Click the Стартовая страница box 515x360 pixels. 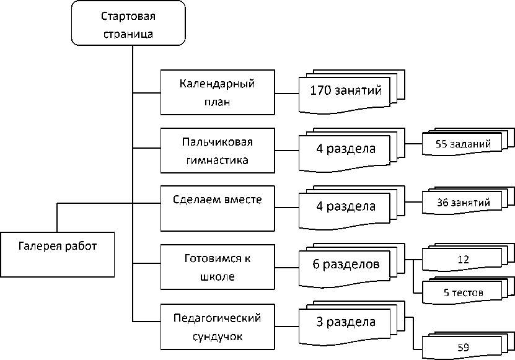coord(128,23)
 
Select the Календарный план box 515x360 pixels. coord(218,92)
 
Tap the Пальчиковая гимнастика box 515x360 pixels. coord(218,151)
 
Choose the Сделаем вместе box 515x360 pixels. coord(218,208)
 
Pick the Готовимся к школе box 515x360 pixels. coord(218,266)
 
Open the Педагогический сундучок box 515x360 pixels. coord(218,327)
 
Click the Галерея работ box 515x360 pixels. coord(57,255)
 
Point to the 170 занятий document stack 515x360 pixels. coord(351,92)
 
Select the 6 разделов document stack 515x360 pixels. coord(351,265)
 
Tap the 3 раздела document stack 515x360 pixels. coord(351,323)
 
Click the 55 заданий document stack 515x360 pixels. coord(468,142)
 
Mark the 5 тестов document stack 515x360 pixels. coord(468,291)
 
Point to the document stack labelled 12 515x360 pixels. coord(468,258)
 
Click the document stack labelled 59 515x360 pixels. coord(468,346)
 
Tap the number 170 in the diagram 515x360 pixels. coord(320,90)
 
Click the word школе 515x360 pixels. coord(218,276)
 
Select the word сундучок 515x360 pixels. coord(218,336)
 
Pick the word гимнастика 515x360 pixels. coord(218,160)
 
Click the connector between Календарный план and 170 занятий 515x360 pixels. coord(287,94)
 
